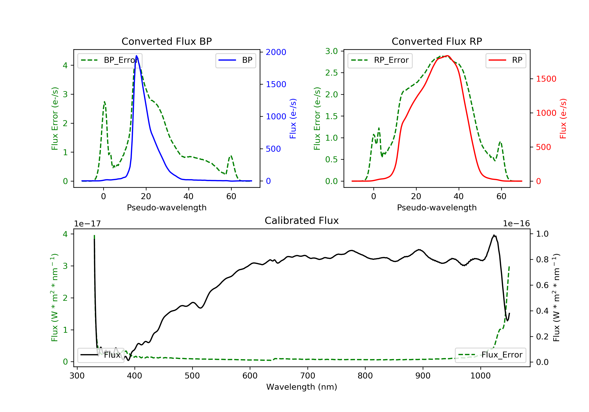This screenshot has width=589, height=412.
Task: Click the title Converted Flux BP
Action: click(166, 41)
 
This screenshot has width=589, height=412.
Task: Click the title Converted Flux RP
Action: click(437, 41)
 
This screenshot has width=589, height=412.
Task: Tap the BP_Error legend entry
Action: click(110, 60)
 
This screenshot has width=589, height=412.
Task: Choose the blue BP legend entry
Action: click(235, 60)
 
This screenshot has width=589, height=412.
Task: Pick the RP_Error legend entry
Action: click(380, 60)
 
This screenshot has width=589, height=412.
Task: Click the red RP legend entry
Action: click(506, 60)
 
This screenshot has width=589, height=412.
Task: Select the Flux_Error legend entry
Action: click(490, 355)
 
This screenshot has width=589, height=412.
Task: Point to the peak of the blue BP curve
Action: click(136, 56)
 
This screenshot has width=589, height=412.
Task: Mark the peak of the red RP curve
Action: click(447, 56)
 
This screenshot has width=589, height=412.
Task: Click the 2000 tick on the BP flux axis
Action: click(276, 52)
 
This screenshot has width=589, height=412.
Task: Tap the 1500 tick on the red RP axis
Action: click(546, 79)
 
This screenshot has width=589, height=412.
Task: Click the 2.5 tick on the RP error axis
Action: click(331, 73)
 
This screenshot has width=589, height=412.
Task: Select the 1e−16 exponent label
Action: click(516, 224)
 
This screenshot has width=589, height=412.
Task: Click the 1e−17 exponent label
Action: click(87, 224)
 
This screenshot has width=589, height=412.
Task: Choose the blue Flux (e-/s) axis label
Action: click(293, 118)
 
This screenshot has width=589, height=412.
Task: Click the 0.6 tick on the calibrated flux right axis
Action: click(542, 285)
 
